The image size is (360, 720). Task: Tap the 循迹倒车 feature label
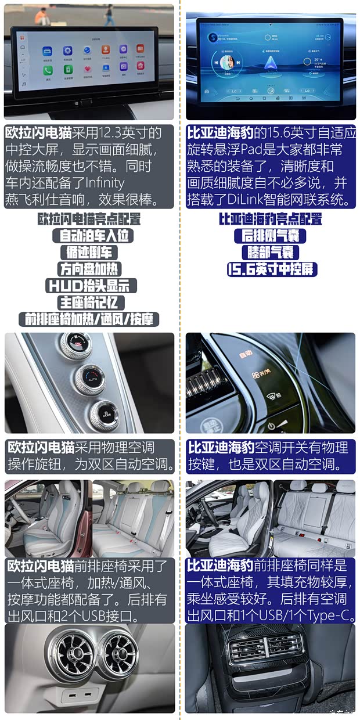89,253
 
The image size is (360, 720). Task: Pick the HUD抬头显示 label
91,286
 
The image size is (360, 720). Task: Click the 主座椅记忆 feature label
91,303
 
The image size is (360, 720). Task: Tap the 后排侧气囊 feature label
270,236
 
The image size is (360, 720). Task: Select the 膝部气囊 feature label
270,253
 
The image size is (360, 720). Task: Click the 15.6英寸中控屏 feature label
272,269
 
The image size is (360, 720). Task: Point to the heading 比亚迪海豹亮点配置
270,219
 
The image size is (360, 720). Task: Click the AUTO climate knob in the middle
91,377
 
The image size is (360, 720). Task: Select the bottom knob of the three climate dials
105,413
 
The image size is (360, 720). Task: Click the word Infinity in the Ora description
96,183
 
